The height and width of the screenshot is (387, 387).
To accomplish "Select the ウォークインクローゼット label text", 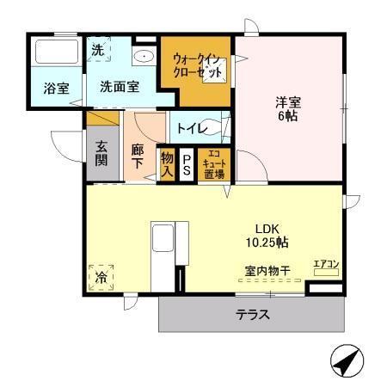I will [198, 64].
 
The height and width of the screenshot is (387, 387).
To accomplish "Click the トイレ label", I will [190, 129].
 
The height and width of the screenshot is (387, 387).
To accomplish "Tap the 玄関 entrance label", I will [101, 153].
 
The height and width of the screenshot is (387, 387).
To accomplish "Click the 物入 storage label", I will [167, 164].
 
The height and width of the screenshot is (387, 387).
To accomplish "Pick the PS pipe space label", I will [187, 164].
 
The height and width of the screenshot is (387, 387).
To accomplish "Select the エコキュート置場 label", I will [213, 164].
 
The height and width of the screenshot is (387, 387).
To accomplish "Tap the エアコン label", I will [326, 263].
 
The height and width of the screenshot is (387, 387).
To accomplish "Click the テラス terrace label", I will [253, 314].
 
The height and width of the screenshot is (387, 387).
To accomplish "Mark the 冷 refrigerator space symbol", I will [101, 278].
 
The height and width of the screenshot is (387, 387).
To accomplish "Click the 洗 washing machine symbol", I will [97, 50].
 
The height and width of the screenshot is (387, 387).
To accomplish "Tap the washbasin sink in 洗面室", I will [144, 57].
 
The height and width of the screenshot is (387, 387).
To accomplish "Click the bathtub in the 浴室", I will [55, 54].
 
